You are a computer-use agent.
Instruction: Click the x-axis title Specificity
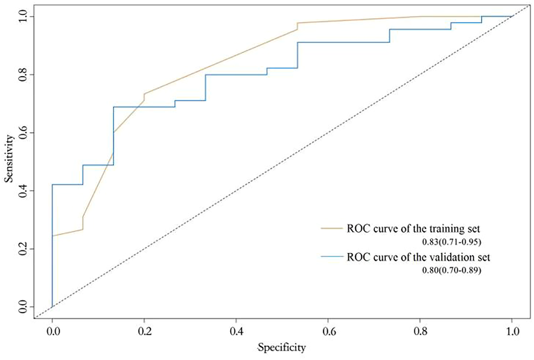tap(282, 348)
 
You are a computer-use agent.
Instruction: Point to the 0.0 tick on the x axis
tap(52, 332)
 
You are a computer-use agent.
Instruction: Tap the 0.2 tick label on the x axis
tap(144, 332)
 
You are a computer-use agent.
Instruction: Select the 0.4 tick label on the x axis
tap(236, 332)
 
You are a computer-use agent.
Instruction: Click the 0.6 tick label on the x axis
tap(328, 332)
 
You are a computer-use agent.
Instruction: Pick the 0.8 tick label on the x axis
tap(420, 332)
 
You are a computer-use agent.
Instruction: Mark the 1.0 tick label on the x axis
tap(512, 332)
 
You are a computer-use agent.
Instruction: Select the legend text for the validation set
tap(418, 257)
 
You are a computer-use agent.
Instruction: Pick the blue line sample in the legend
tap(332, 257)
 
